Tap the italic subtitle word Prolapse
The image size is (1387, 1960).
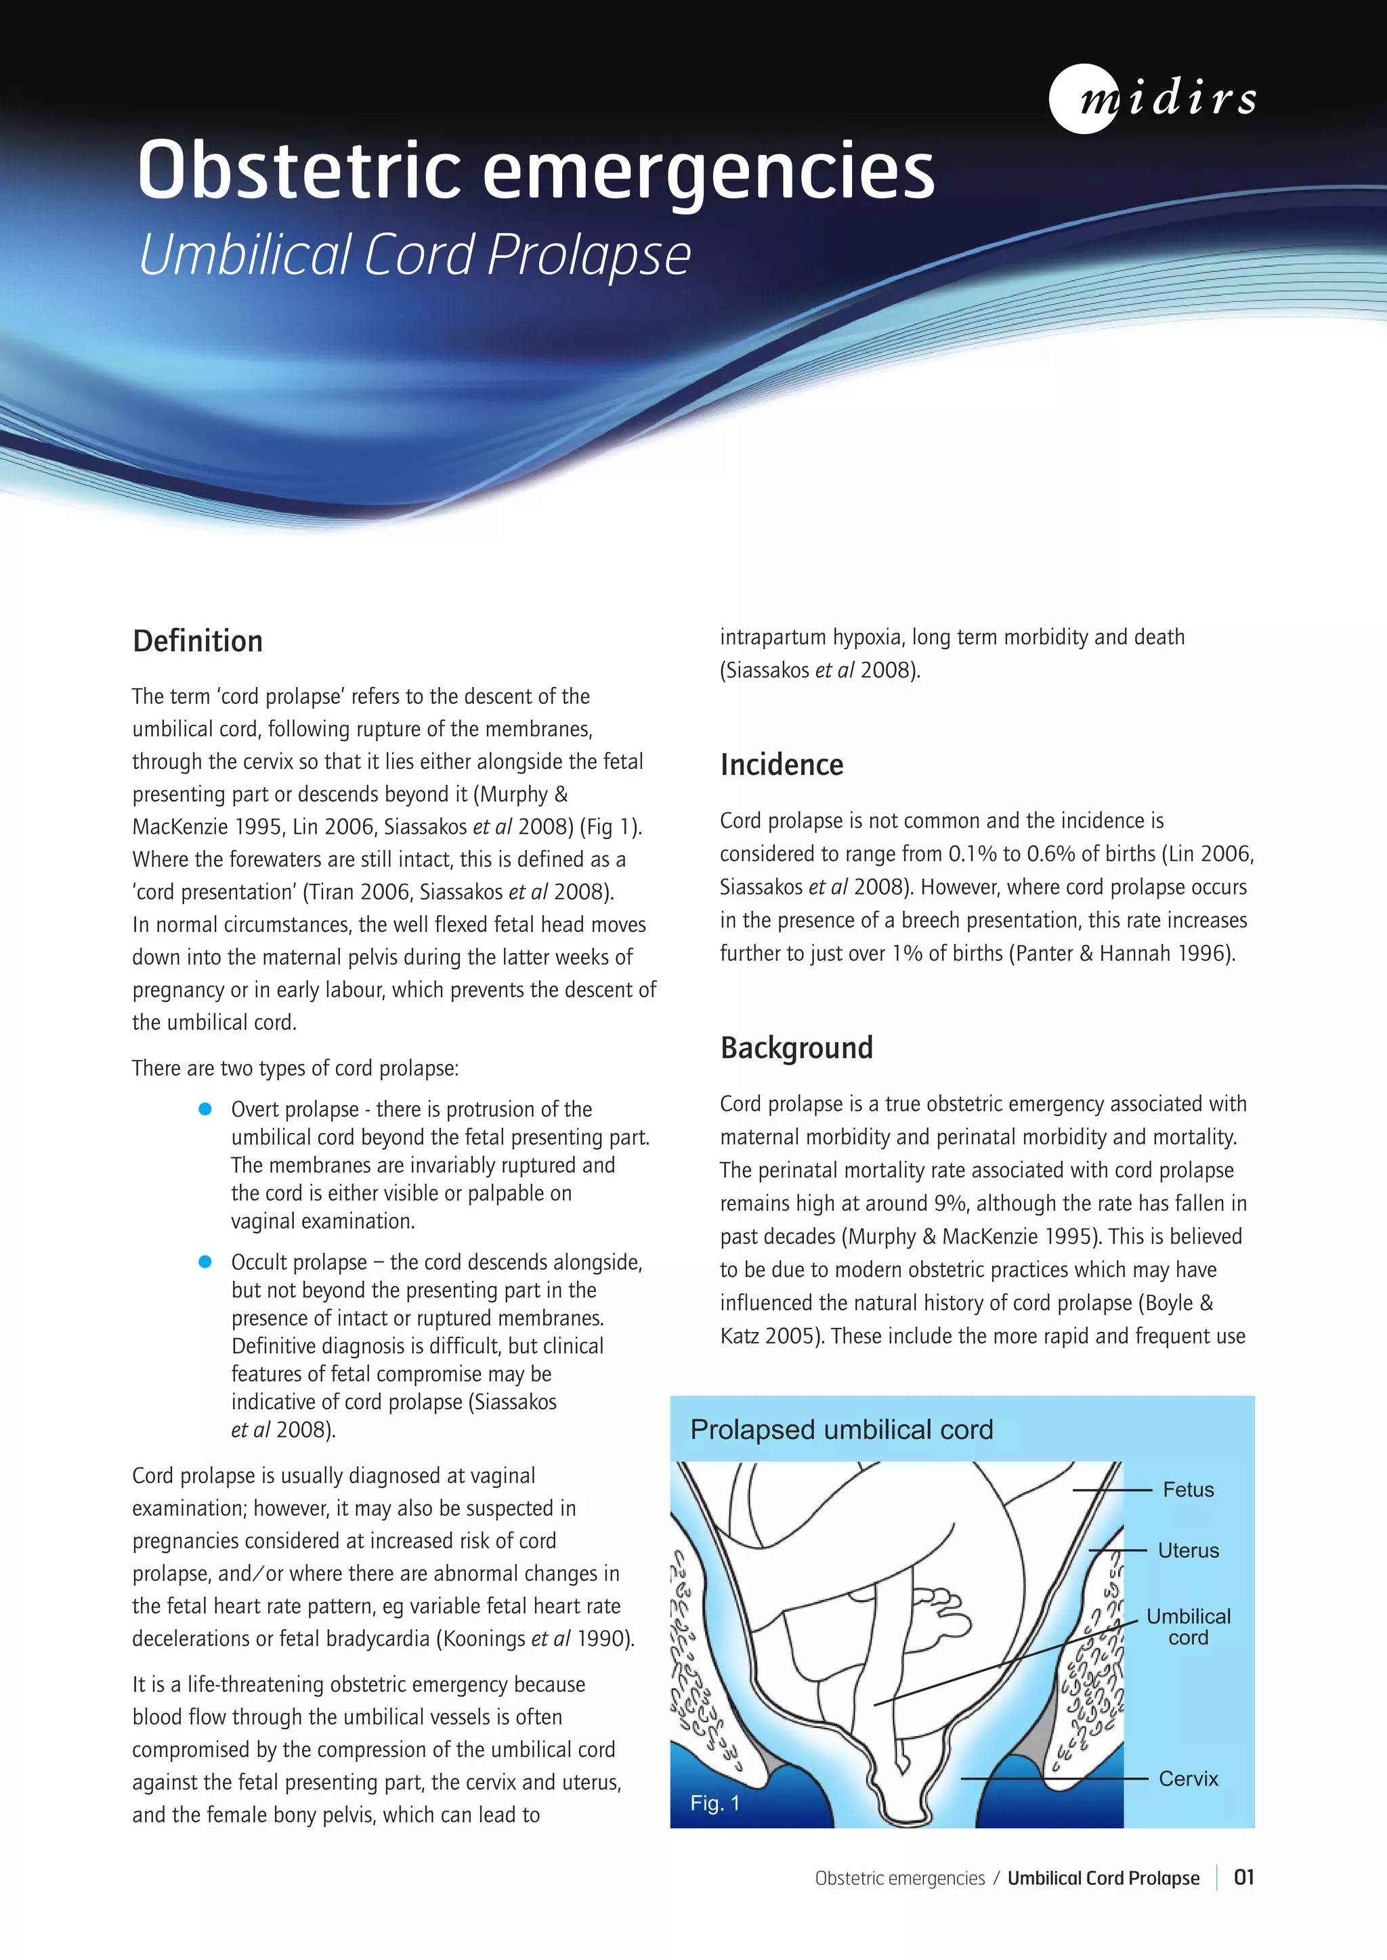(589, 255)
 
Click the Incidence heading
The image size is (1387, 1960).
(781, 765)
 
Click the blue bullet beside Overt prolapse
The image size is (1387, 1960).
(205, 1109)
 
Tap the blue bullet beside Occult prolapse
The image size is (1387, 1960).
(205, 1262)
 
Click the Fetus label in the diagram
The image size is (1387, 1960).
(1187, 1490)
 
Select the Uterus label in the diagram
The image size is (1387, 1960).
(1187, 1551)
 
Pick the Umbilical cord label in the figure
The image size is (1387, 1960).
(1187, 1626)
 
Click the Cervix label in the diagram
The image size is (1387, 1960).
(1187, 1779)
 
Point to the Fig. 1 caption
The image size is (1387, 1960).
(715, 1803)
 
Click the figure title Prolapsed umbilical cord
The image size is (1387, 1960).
(841, 1430)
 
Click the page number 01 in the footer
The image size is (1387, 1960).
(1243, 1877)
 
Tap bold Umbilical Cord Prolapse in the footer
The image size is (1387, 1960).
(1103, 1878)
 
